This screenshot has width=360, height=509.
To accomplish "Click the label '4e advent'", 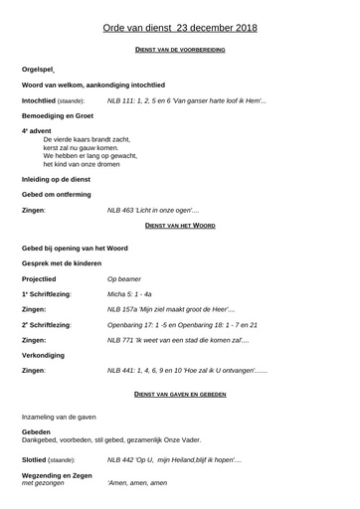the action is click(36, 131).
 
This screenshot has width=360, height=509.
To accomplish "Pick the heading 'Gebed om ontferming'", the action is click(57, 195).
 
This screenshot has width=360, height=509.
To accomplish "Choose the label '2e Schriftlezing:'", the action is click(46, 325).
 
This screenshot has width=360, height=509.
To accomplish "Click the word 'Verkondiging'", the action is click(44, 355).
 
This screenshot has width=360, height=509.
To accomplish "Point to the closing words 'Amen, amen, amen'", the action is click(137, 483).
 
